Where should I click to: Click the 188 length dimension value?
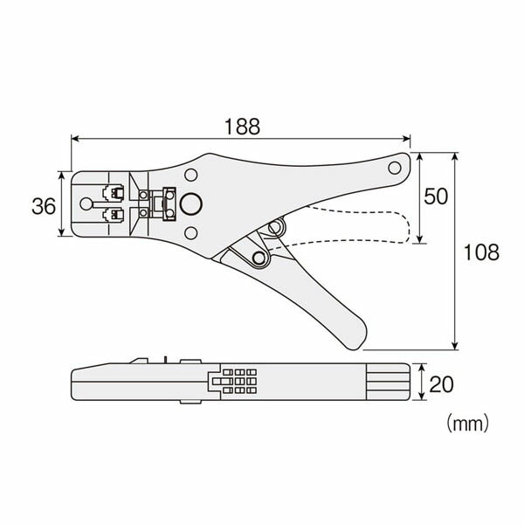[242, 127]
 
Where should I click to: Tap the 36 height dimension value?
[44, 206]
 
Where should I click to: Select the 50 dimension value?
[436, 196]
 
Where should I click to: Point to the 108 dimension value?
[481, 252]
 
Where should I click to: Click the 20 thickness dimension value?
[441, 384]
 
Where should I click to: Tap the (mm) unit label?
[468, 424]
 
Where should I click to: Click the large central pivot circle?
[191, 203]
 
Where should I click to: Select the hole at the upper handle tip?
[395, 168]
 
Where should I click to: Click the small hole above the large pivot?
[190, 175]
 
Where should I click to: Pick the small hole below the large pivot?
[190, 233]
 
